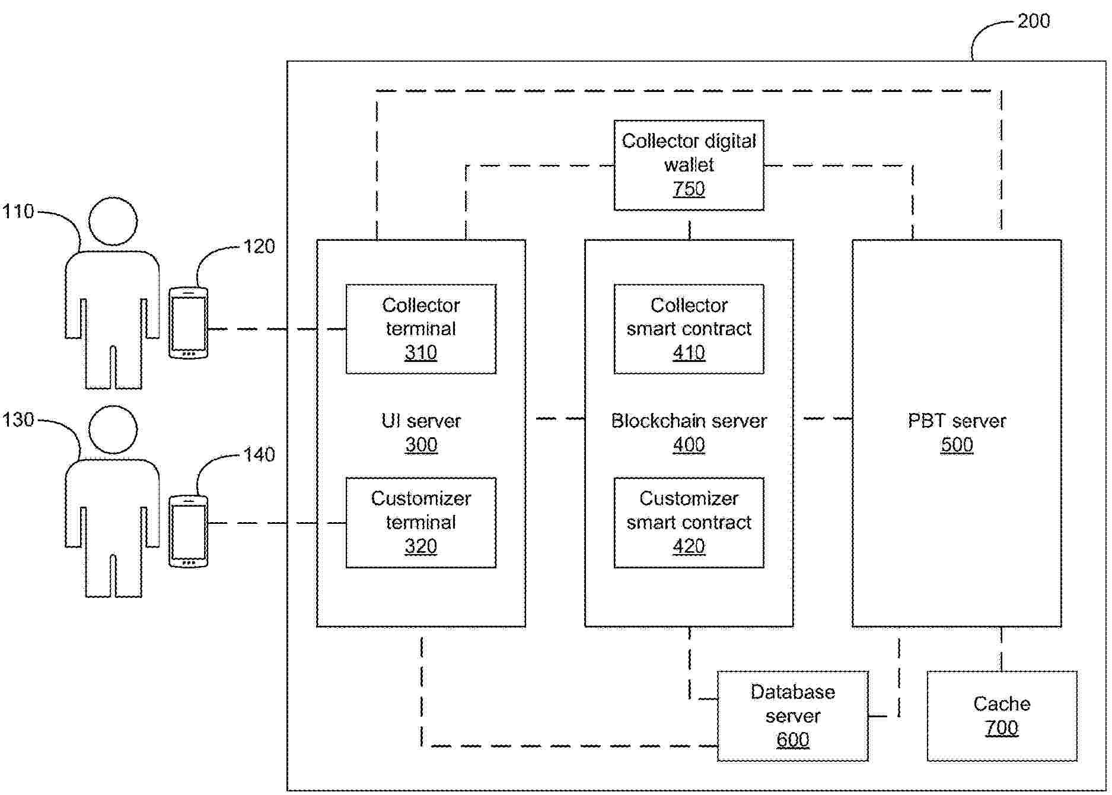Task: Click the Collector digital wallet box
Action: coord(689,165)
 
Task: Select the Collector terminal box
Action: coord(420,329)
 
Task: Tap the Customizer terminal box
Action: coord(420,522)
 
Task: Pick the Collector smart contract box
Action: coord(689,329)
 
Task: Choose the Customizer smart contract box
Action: coord(689,522)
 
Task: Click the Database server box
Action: coord(792,715)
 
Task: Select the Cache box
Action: coord(1002,715)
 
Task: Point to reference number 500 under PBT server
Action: coord(957,445)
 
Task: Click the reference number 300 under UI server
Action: coord(421,445)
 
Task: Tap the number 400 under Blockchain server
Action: coord(689,445)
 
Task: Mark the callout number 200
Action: coord(1033,21)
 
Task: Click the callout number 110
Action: coord(18,211)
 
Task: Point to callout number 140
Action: coord(259,455)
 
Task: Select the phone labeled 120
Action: coord(189,323)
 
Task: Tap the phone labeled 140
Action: coord(189,532)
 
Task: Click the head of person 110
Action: coord(113,221)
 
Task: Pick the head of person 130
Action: coord(113,430)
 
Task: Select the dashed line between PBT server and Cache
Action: coord(1002,648)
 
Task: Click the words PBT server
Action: coord(957,421)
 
